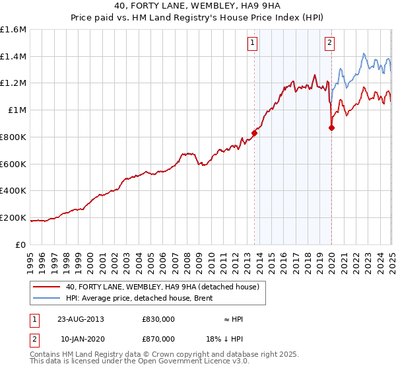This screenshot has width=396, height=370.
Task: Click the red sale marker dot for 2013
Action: coord(254,132)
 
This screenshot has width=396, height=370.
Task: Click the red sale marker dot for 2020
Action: coord(331,128)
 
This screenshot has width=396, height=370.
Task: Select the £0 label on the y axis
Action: coord(22,244)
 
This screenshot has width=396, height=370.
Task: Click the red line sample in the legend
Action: coord(47,287)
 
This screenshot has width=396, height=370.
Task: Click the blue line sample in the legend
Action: coord(47,299)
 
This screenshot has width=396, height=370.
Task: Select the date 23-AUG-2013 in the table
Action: coord(81,319)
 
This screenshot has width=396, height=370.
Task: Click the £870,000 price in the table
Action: coord(158,338)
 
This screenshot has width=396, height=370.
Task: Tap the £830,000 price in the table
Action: coord(158,319)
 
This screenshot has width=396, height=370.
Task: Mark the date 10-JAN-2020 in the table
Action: coord(81,338)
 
